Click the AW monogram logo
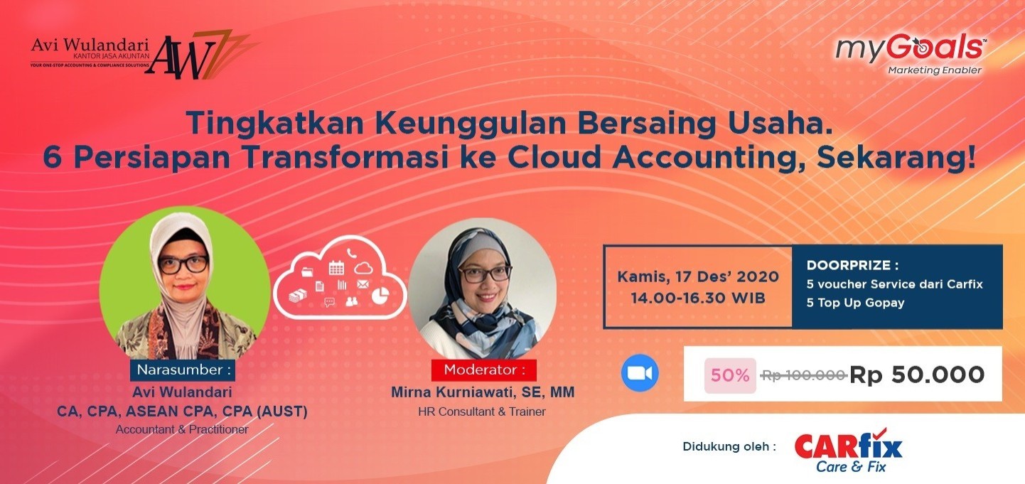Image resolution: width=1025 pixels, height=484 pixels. pyautogui.click(x=201, y=54)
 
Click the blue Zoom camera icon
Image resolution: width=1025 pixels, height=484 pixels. pyautogui.click(x=640, y=373)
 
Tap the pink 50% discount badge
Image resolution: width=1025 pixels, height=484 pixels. pyautogui.click(x=730, y=375)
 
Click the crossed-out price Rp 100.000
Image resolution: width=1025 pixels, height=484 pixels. pyautogui.click(x=804, y=375)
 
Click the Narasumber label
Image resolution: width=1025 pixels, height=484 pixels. pyautogui.click(x=183, y=370)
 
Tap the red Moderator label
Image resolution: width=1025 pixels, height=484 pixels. pyautogui.click(x=484, y=370)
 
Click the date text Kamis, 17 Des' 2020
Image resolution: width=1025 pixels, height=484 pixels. pyautogui.click(x=698, y=276)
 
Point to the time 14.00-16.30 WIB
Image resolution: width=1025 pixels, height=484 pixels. pyautogui.click(x=698, y=299)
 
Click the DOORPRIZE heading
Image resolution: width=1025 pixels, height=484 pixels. pyautogui.click(x=852, y=265)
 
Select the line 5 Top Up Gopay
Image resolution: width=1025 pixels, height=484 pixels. pyautogui.click(x=855, y=303)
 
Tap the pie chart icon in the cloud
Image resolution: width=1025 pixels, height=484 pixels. pyautogui.click(x=380, y=295)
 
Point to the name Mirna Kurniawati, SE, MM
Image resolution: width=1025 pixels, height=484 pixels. pyautogui.click(x=483, y=392)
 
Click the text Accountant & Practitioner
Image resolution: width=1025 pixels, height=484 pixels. pyautogui.click(x=182, y=429)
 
